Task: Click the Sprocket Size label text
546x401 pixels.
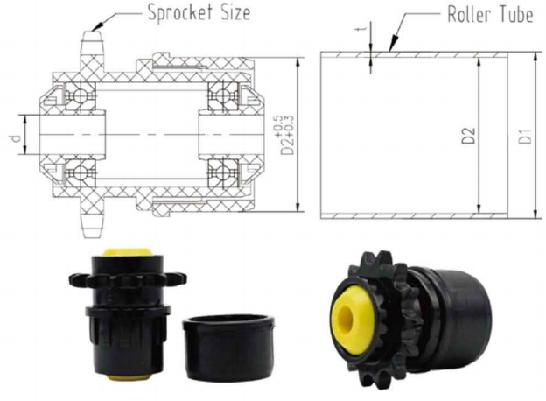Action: [199, 13]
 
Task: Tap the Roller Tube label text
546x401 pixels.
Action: [490, 15]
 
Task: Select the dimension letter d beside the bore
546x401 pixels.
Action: [15, 138]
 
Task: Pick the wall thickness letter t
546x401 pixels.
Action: [360, 29]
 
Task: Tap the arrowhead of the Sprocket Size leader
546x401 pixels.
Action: [97, 26]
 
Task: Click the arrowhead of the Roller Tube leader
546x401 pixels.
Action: [394, 45]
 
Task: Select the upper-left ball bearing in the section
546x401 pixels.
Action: [80, 95]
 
